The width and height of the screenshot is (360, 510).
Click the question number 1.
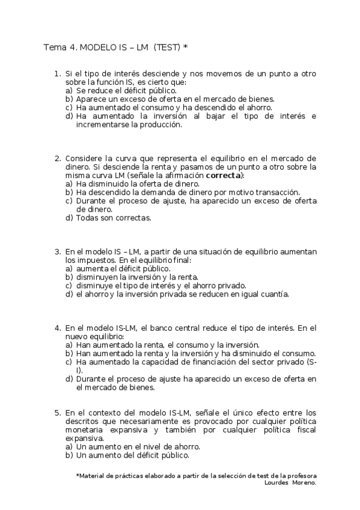click(56, 73)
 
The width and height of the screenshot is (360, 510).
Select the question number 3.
click(56, 251)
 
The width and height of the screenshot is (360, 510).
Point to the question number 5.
click(56, 413)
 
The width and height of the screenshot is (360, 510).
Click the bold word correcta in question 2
click(224, 175)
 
